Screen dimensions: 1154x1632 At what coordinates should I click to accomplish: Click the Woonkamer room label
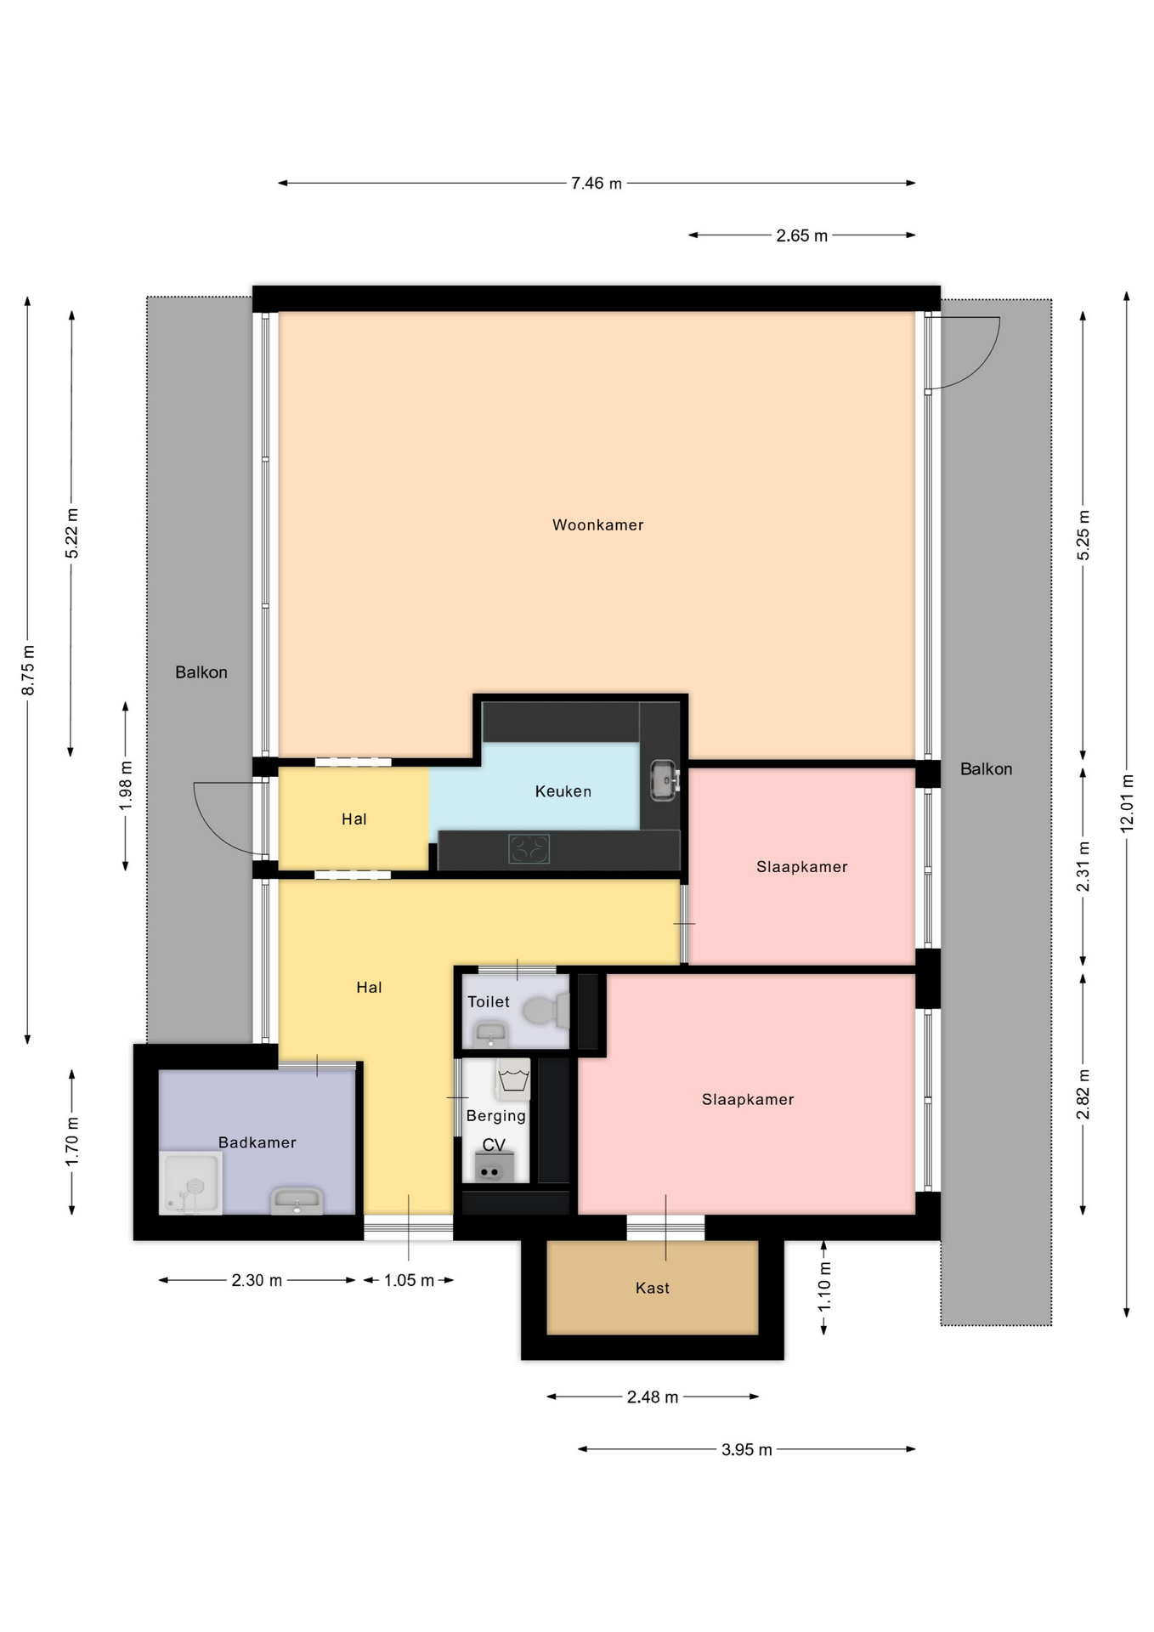point(597,525)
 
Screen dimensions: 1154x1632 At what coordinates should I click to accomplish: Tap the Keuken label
point(563,791)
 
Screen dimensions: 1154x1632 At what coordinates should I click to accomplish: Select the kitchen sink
point(665,779)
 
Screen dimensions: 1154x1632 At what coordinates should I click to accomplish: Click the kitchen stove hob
point(529,849)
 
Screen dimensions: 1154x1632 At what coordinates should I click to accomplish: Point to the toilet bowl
point(545,1011)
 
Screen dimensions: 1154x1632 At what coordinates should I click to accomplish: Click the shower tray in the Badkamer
point(191,1183)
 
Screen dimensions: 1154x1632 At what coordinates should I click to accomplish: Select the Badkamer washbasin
point(297,1201)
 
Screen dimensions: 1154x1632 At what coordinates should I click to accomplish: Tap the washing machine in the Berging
point(513,1079)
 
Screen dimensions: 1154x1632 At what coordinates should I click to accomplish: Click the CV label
point(494,1145)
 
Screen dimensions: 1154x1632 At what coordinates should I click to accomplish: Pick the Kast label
point(653,1288)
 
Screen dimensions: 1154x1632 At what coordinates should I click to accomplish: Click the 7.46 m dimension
point(597,183)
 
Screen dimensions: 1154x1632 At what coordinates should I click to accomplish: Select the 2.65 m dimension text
point(801,235)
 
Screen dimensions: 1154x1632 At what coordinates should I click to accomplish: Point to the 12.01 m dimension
point(1128,802)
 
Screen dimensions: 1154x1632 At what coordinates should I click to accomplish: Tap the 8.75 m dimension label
point(28,670)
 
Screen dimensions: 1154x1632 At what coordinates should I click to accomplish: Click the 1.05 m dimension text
point(409,1280)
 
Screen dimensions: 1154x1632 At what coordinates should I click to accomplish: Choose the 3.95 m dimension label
point(747,1449)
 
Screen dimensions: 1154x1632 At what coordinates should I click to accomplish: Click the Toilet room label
point(489,1001)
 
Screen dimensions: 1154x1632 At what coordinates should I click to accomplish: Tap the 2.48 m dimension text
point(653,1397)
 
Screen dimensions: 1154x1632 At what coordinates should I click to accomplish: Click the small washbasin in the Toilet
point(490,1034)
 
